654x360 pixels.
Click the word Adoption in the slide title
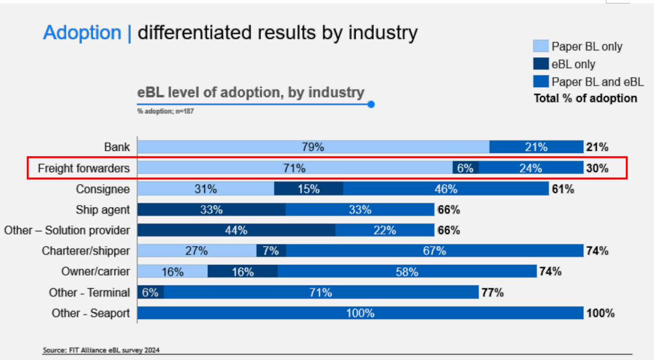82,33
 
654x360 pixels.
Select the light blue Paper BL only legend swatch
541,46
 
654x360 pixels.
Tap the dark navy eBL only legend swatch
541,64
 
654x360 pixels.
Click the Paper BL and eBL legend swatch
541,81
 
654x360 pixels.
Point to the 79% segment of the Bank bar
313,147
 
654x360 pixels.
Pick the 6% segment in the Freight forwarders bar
466,168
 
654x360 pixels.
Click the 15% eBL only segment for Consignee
308,189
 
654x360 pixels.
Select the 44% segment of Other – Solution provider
236,230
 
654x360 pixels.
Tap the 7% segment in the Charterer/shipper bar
271,251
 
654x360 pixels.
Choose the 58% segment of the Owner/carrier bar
407,271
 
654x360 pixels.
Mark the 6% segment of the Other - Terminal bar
150,292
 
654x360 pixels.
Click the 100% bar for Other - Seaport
360,313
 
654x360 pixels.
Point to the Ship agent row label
103,210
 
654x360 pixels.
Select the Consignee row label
103,189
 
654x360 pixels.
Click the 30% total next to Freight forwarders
597,168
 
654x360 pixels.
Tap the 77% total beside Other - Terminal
492,292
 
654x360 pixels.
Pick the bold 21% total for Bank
597,147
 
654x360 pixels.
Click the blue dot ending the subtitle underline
371,104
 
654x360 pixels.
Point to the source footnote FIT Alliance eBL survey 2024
104,350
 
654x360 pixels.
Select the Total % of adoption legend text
585,98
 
